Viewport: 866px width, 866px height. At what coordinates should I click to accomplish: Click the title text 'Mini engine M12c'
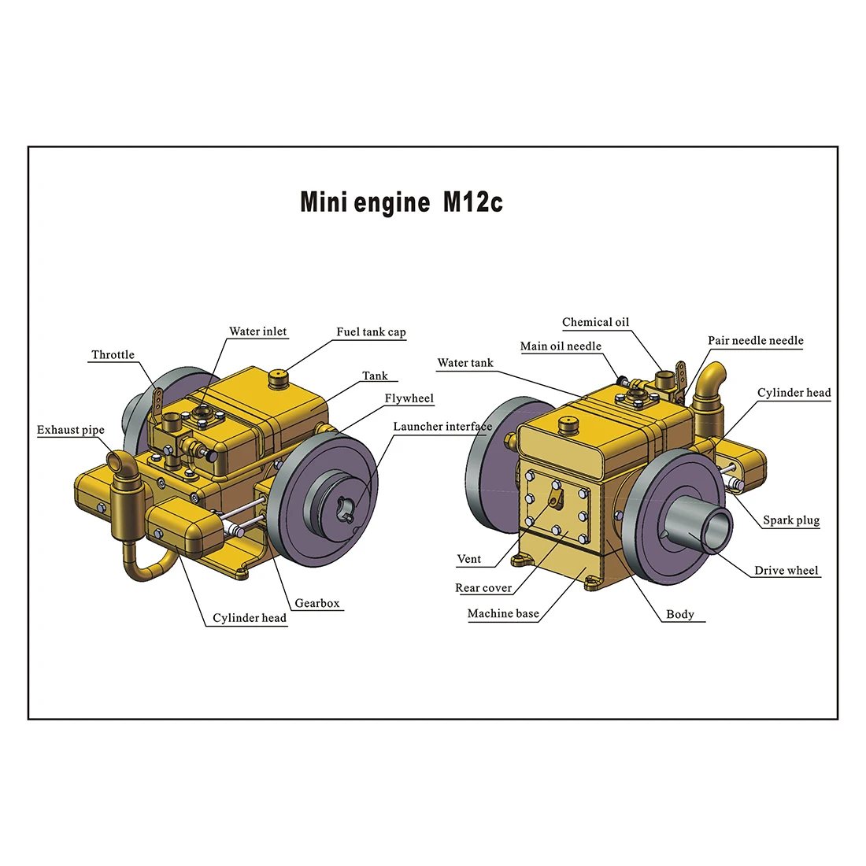[x=401, y=202]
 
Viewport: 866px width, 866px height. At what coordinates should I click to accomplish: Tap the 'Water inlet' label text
[x=257, y=331]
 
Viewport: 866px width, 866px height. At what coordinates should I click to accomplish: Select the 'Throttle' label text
[x=113, y=355]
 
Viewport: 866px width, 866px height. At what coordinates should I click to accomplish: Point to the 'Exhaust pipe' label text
[x=70, y=430]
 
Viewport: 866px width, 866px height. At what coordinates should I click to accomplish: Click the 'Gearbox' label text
[x=317, y=603]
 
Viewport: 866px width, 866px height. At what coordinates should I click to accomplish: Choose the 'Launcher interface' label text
[x=442, y=427]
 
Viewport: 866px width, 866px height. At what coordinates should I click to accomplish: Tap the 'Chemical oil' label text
[x=595, y=322]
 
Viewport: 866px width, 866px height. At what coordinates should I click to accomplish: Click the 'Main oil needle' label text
[x=561, y=346]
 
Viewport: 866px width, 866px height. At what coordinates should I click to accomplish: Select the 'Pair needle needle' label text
[x=755, y=341]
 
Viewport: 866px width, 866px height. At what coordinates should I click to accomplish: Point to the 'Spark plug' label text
[x=790, y=520]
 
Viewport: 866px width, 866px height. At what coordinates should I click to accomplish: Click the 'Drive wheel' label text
[x=786, y=571]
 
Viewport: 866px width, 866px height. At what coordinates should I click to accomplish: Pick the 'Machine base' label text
[x=503, y=613]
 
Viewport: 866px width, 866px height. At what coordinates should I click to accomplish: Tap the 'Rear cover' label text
[x=483, y=588]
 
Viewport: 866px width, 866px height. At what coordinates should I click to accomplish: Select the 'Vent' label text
[x=468, y=559]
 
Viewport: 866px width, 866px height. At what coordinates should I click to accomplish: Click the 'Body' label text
[x=679, y=614]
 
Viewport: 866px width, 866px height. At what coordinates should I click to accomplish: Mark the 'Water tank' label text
[x=464, y=363]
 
